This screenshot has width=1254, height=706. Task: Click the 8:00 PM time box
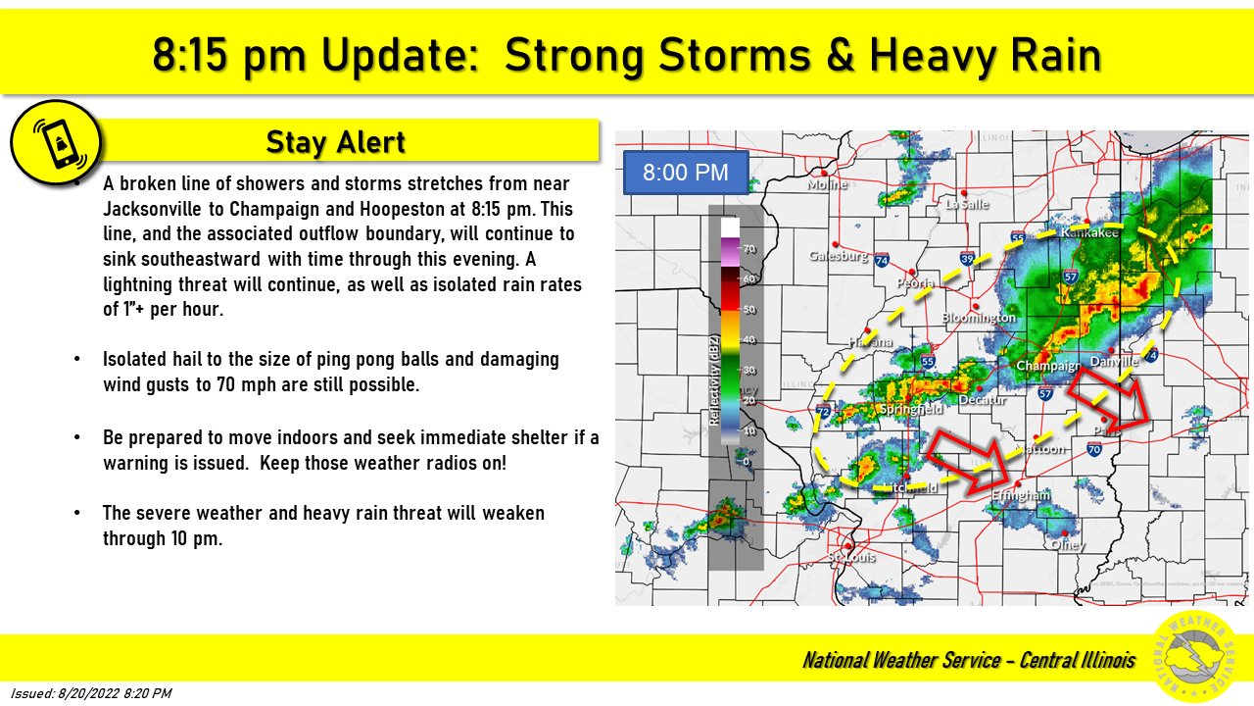[x=686, y=173]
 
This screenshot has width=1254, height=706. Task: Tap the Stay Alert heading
[x=335, y=142]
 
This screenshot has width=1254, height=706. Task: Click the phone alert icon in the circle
[x=56, y=141]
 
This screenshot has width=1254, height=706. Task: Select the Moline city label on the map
[x=825, y=183]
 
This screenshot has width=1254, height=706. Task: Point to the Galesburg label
[x=839, y=255]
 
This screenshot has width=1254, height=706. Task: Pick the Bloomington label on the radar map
[x=978, y=317]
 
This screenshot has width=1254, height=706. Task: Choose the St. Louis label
[x=850, y=556]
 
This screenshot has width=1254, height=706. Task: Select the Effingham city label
[x=1021, y=495]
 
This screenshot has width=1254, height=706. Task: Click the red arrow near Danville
[x=1106, y=397]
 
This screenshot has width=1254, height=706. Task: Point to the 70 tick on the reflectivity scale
[x=749, y=249]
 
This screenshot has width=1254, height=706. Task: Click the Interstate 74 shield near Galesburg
[x=882, y=260]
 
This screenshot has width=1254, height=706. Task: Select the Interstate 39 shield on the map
[x=968, y=259]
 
